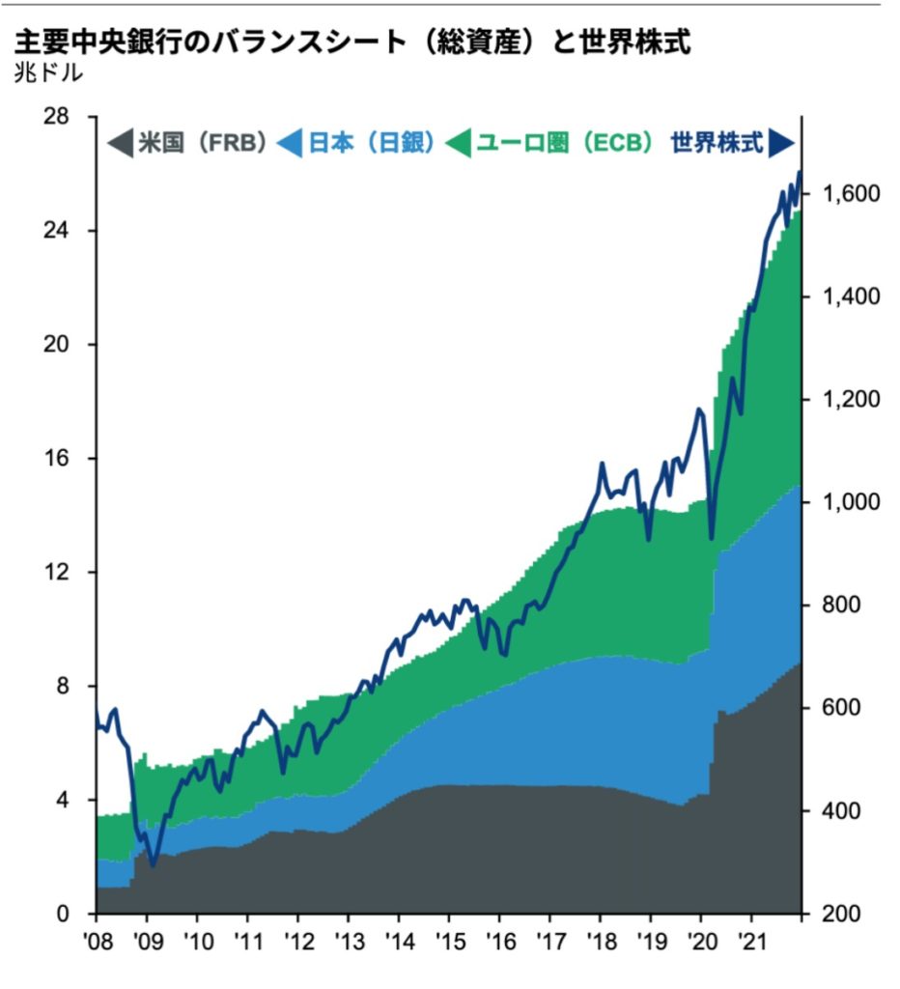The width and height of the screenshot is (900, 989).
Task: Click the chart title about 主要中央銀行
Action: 352,42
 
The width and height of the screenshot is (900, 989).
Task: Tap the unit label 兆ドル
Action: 48,73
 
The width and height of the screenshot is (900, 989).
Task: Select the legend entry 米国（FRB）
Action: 201,144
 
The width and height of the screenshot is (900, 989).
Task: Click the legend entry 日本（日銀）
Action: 366,144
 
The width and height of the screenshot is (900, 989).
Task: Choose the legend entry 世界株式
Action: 717,144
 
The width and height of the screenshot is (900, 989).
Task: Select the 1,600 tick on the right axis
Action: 850,194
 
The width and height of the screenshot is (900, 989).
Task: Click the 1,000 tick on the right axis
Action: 850,502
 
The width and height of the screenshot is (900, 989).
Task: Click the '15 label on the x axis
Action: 449,939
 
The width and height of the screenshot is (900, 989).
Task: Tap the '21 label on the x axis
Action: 751,939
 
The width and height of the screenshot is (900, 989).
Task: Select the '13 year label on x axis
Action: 349,939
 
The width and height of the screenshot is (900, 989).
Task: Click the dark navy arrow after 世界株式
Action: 781,144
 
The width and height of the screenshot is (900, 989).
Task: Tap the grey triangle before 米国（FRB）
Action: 119,145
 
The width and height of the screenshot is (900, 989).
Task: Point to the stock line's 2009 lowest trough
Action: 153,865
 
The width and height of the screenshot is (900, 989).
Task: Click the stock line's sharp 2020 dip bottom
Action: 712,538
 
